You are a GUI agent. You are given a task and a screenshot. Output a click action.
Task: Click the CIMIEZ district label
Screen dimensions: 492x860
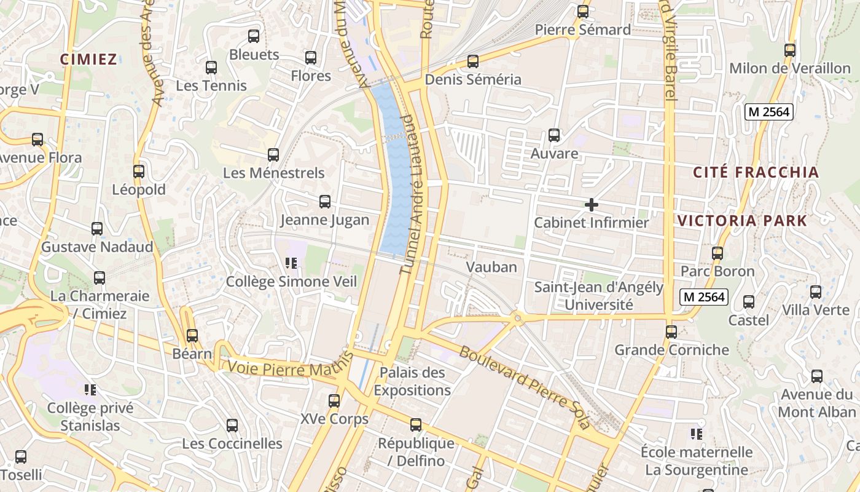coord(88,59)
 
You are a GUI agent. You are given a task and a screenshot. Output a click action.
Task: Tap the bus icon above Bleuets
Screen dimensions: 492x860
coord(254,36)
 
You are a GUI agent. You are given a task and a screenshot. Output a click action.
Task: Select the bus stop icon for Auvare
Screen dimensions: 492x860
coord(554,135)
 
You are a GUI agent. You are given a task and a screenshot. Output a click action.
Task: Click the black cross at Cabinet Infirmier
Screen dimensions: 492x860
coord(592,205)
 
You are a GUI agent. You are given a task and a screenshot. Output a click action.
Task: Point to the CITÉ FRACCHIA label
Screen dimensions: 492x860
coord(756,172)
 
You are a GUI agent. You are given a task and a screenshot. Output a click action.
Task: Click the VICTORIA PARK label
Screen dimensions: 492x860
coord(742,220)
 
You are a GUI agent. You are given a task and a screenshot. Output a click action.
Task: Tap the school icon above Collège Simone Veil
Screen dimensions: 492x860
coord(291,263)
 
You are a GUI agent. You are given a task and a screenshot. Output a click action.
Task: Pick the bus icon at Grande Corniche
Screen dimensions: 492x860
coord(671,332)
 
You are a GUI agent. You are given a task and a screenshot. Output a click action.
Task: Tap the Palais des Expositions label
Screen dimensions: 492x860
coord(412,381)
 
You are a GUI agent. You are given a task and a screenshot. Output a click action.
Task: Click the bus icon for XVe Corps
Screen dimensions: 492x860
coord(334,401)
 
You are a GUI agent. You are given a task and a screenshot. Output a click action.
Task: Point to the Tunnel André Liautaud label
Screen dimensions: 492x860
coord(413,194)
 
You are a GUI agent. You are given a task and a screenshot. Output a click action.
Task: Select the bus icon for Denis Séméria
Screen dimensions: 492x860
coord(473,61)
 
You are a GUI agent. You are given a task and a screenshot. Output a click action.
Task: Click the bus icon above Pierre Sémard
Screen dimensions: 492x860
coord(583,12)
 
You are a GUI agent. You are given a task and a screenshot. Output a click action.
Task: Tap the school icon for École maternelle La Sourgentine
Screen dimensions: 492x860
coord(697,434)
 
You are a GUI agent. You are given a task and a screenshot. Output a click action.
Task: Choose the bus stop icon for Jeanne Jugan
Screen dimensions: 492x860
coord(325,202)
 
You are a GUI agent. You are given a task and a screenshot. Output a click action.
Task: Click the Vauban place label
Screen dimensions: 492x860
coord(491,267)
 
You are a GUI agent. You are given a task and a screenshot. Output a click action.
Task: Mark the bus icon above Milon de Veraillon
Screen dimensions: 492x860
coord(790,50)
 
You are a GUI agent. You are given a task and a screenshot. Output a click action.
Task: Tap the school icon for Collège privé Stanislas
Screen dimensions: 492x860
coord(90,390)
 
